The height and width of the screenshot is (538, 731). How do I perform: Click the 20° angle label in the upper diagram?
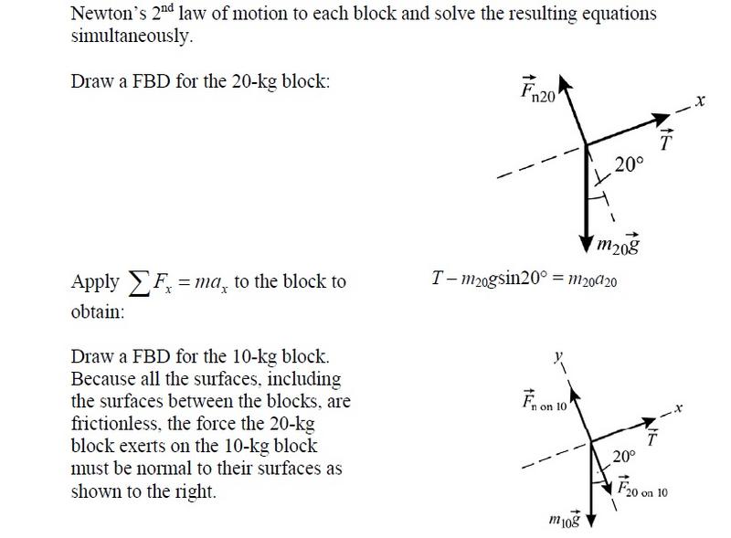[x=629, y=164]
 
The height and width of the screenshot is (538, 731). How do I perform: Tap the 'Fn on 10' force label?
[x=545, y=403]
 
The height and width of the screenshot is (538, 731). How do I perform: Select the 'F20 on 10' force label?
[x=642, y=487]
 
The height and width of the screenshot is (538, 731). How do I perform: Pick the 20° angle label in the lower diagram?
[x=624, y=456]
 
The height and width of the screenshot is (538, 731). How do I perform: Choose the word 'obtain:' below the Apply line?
[x=97, y=311]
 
